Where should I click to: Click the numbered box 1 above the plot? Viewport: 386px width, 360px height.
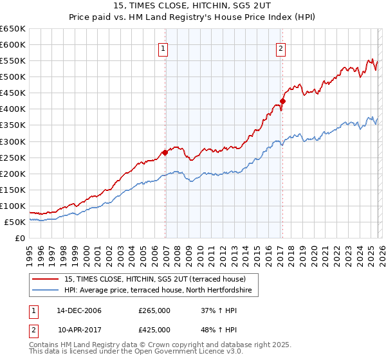tap(163, 47)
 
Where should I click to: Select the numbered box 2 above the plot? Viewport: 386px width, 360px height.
tap(281, 47)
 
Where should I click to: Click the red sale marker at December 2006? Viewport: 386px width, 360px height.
tap(165, 152)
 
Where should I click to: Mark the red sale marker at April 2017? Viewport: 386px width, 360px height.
tap(282, 101)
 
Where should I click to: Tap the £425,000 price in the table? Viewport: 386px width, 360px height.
tap(154, 329)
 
